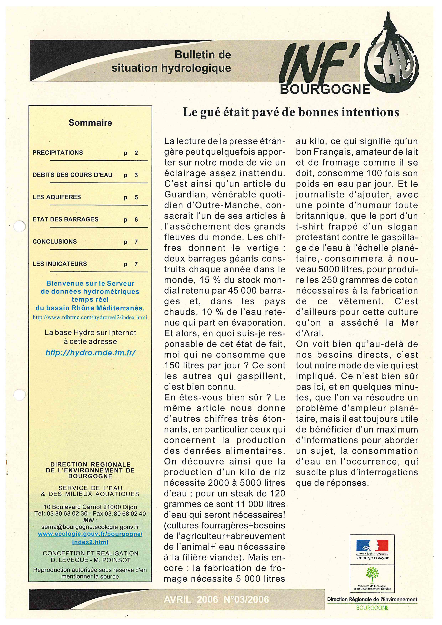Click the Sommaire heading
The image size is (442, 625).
pos(90,123)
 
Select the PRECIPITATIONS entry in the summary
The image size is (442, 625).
pos(58,153)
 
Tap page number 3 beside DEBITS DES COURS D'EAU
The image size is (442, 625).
pos(136,175)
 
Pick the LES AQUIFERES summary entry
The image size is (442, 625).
pos(57,197)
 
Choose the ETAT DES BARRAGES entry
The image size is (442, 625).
pos(65,219)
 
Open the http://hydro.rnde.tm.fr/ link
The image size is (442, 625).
pos(90,353)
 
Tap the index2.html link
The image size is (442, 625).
pos(90,542)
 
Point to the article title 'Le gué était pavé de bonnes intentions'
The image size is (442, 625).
pos(291,112)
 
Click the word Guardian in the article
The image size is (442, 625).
pos(182,195)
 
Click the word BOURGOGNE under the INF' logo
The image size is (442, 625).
pos(325,89)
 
